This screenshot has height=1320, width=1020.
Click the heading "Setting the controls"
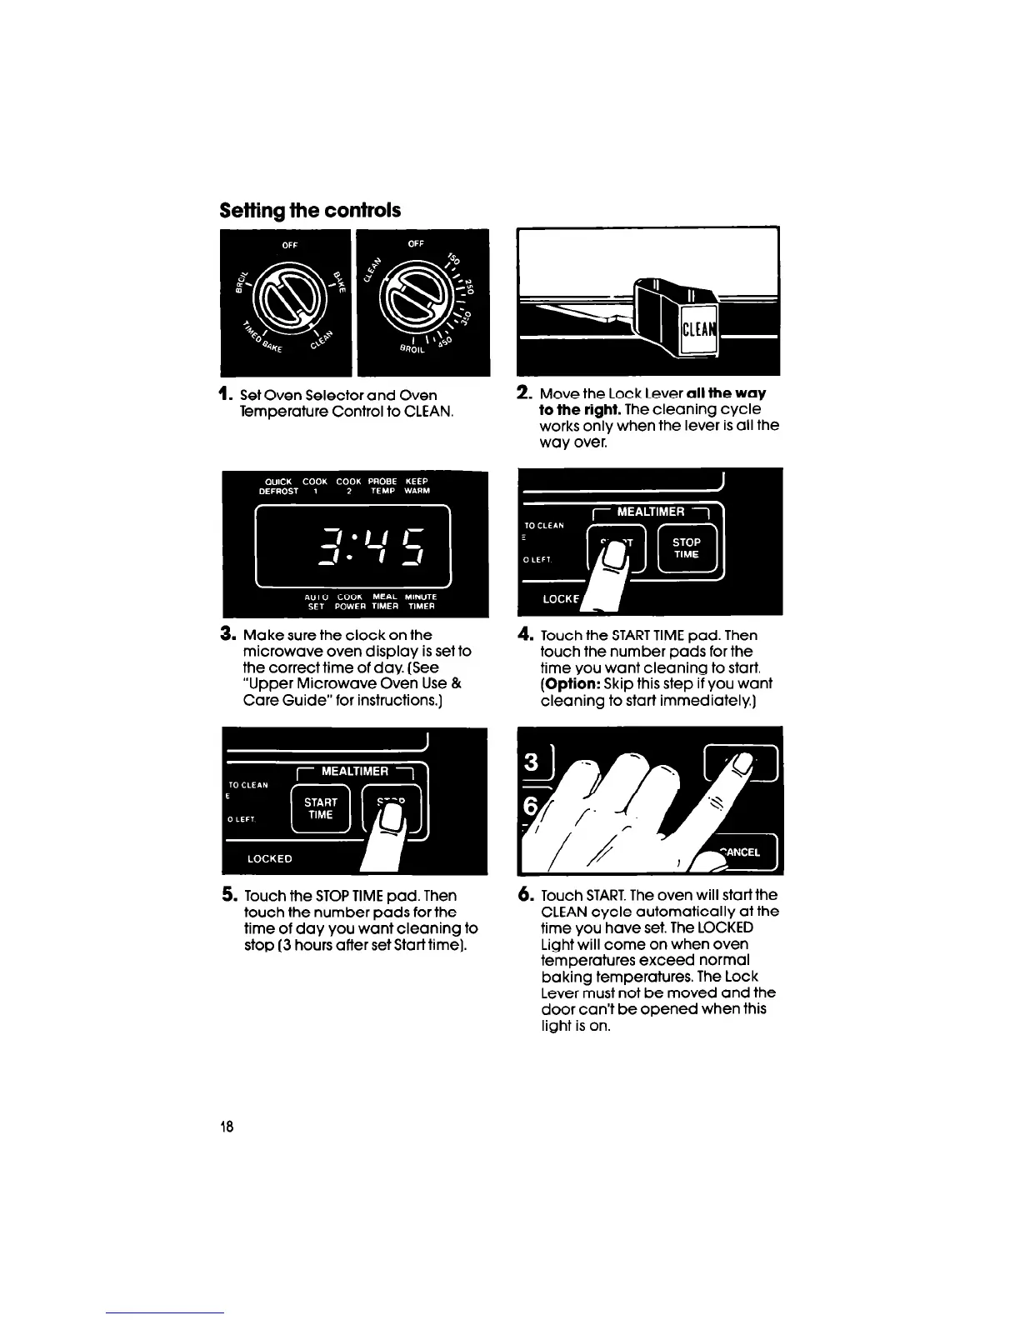point(310,210)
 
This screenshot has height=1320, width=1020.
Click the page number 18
point(227,1127)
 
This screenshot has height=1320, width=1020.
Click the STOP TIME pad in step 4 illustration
point(687,548)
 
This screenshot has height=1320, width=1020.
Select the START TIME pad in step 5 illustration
point(321,808)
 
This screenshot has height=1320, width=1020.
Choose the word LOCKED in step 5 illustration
point(270,858)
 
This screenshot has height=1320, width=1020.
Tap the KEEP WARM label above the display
point(417,486)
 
